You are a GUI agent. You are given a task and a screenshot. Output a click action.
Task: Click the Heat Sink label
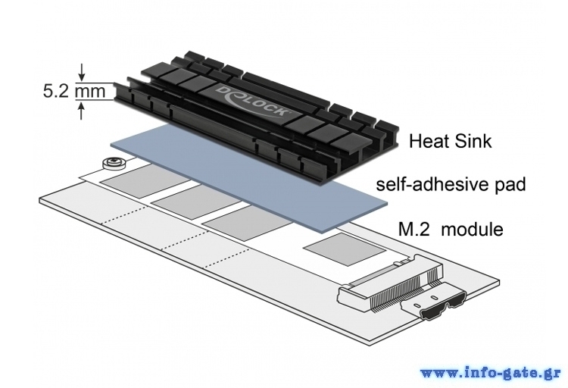[x=451, y=141]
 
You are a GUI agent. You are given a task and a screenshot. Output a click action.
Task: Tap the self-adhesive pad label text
[x=451, y=184]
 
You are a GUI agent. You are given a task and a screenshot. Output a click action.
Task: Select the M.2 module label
[x=451, y=229]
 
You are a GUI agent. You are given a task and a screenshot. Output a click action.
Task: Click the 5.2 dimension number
[x=55, y=91]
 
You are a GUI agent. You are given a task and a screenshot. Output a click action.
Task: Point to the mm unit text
[x=90, y=92]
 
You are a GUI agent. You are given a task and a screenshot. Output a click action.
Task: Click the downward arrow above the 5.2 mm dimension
[x=83, y=72]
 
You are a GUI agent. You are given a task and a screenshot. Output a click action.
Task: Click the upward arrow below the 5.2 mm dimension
[x=82, y=111]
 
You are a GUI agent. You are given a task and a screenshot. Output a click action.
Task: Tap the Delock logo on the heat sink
[x=253, y=102]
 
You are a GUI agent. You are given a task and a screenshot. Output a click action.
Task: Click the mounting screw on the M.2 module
[x=114, y=163]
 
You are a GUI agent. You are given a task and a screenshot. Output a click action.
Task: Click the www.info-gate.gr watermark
[x=490, y=373]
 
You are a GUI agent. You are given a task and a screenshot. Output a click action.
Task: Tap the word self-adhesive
[x=432, y=184]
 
